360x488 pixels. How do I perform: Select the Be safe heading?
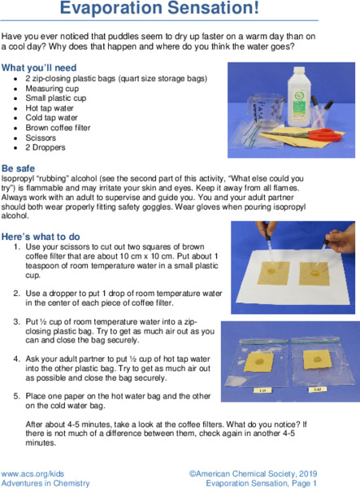point(19,167)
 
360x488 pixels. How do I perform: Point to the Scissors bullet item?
point(41,138)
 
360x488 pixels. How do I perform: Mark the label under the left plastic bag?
point(262,390)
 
